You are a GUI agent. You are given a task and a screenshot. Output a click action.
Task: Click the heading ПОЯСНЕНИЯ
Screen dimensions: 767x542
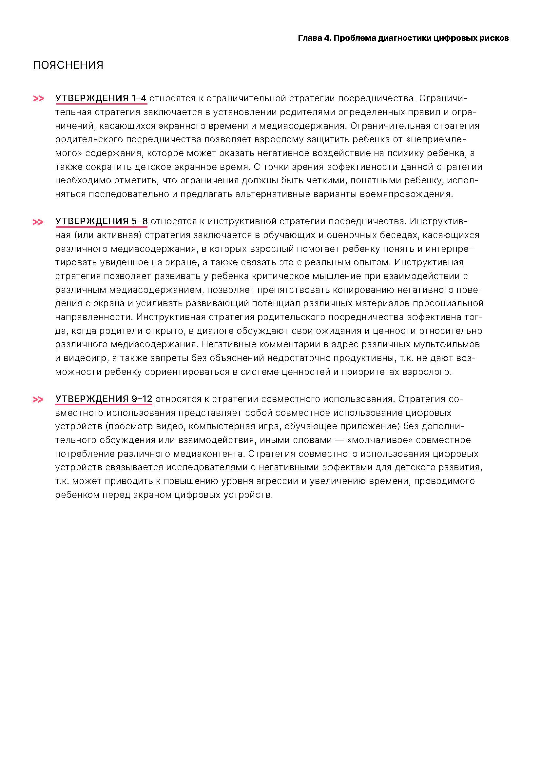pos(68,65)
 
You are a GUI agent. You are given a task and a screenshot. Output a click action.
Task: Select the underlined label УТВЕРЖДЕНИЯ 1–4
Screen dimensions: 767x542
pos(101,99)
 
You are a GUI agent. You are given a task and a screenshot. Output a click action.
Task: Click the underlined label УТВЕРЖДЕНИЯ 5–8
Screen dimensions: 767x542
pos(102,221)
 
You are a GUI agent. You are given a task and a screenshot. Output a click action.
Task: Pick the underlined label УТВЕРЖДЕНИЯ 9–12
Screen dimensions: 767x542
pos(104,399)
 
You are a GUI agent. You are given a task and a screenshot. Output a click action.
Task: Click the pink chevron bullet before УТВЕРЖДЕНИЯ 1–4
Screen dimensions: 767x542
pos(38,99)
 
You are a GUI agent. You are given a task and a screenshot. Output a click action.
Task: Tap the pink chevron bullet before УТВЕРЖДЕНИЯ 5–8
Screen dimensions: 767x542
pos(38,222)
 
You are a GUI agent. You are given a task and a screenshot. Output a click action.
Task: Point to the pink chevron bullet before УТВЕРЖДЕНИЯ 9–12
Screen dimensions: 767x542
pos(38,399)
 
